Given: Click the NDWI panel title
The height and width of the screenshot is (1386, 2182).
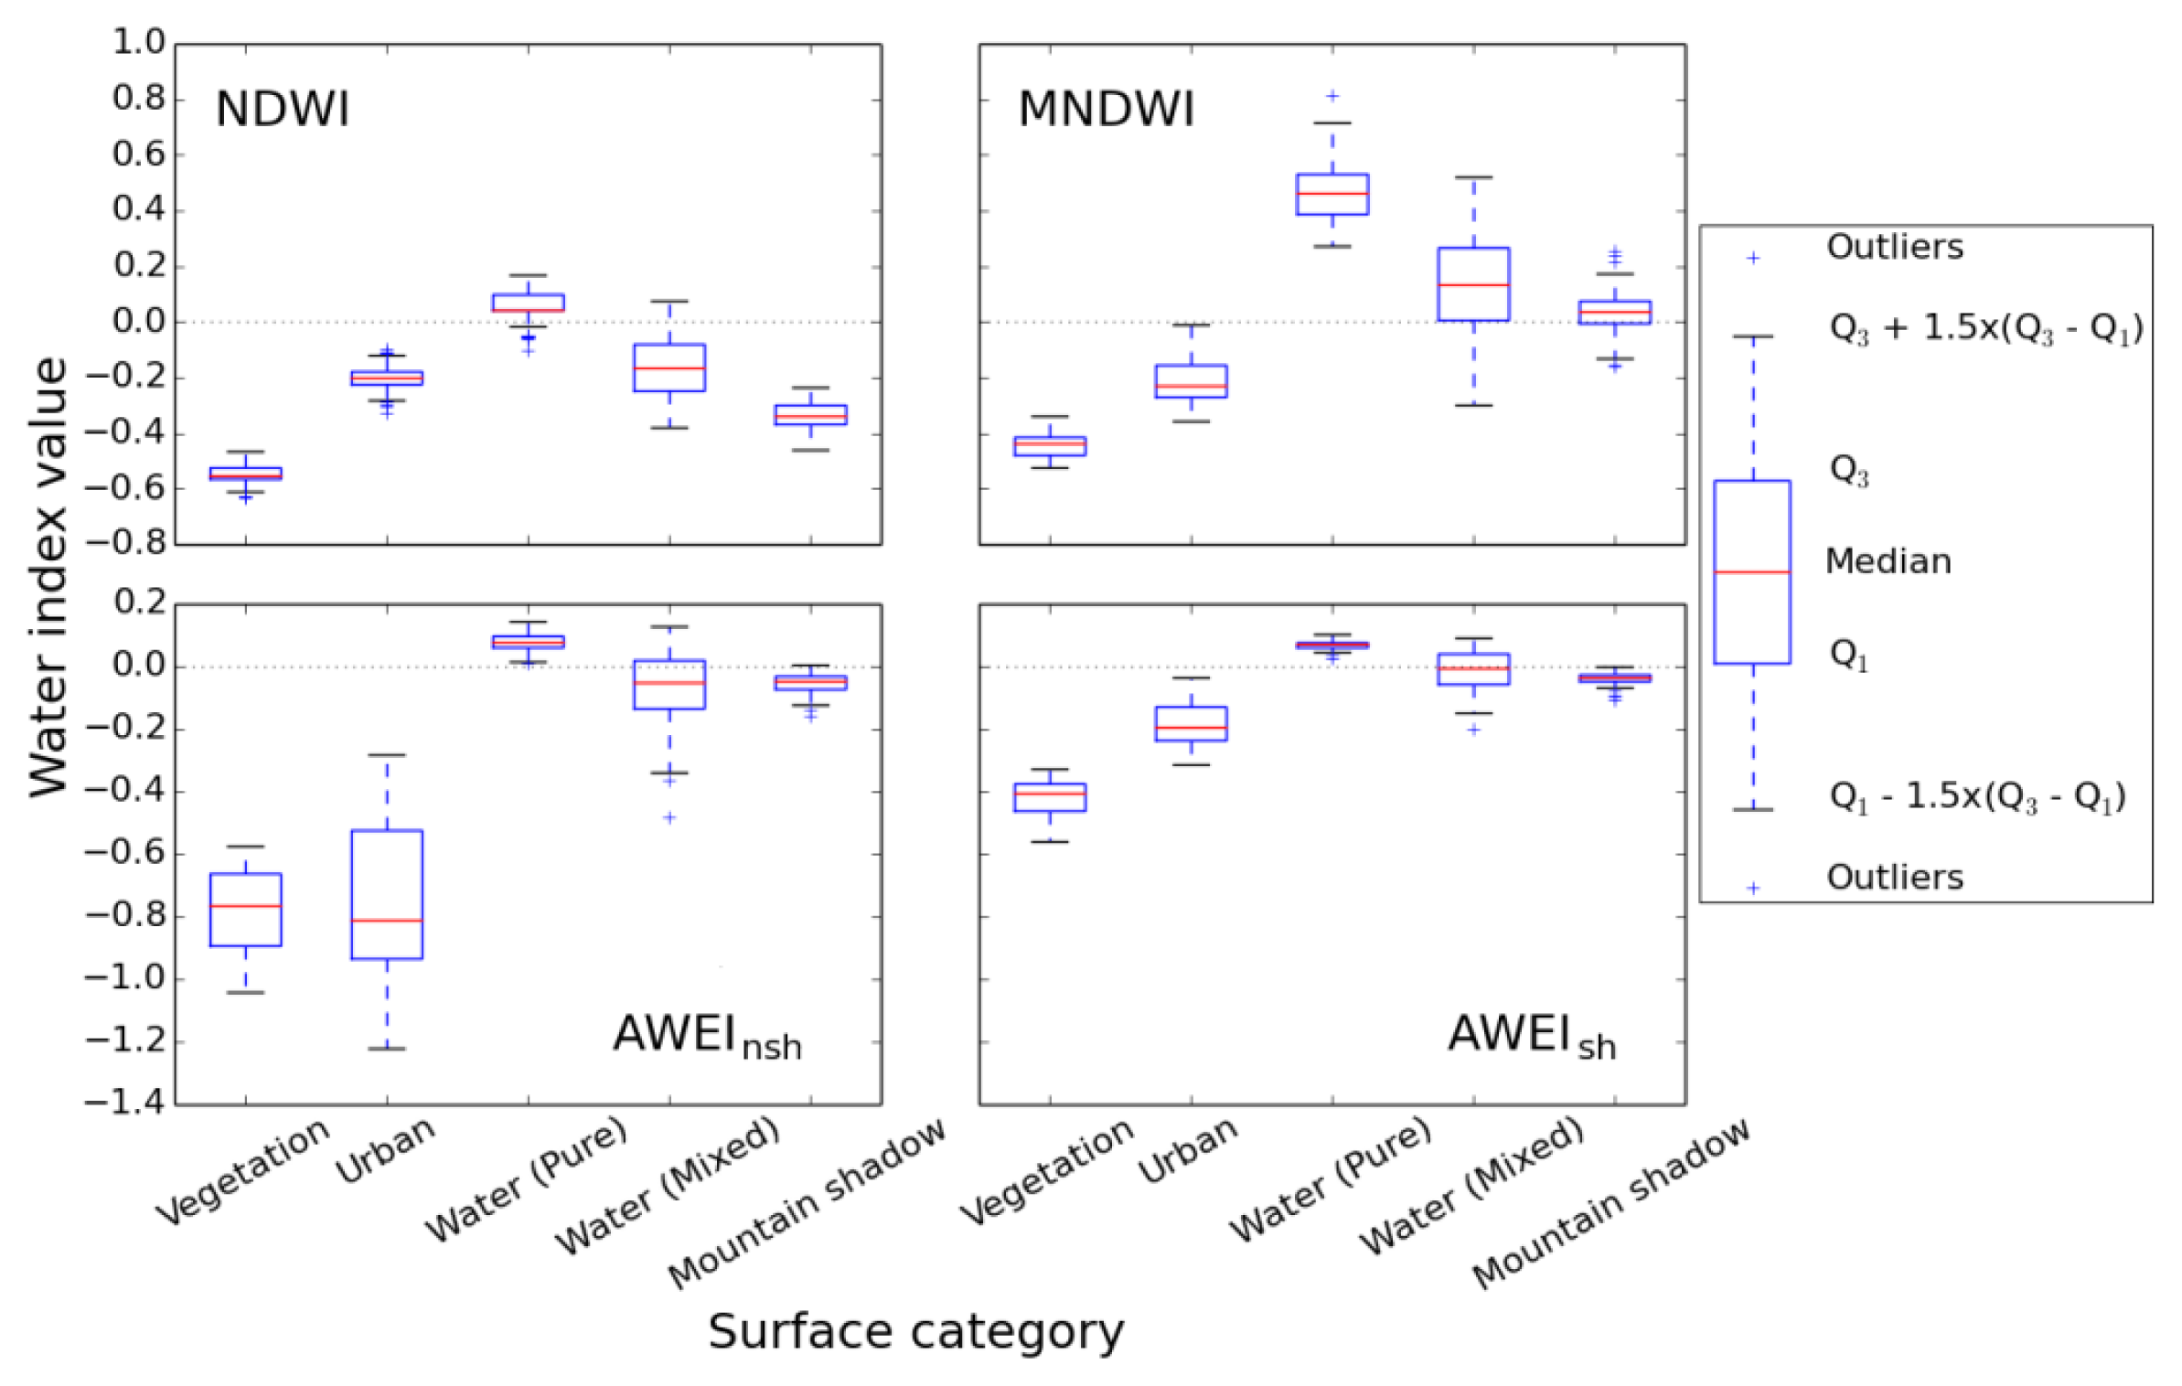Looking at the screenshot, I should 282,110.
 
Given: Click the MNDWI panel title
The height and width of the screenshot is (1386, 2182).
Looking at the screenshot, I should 1105,110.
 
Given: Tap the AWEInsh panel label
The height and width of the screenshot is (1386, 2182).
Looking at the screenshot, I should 706,1037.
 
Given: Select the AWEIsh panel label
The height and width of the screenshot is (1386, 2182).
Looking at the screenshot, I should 1530,1037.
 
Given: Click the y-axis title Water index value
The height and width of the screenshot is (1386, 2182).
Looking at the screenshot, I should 48,576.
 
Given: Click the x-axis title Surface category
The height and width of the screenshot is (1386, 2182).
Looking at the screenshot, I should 915,1331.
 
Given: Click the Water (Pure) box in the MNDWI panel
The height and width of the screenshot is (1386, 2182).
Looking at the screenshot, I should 1332,194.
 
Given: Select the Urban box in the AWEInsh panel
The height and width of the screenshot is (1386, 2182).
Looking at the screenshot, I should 387,893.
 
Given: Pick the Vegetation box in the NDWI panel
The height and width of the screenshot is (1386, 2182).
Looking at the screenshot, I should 245,473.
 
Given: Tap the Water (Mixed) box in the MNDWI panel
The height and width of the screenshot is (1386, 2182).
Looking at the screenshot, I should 1472,283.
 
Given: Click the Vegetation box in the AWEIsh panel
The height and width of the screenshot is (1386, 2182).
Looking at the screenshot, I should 1049,796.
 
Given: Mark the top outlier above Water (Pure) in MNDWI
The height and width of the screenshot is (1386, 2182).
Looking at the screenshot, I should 1332,95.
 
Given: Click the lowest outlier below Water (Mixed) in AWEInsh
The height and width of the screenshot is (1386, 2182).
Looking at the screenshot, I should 669,816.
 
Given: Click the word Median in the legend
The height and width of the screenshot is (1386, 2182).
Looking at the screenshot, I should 1888,560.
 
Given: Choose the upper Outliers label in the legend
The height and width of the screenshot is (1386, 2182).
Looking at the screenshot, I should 1894,247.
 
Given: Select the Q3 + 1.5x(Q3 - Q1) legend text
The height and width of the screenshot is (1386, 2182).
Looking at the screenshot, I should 1984,328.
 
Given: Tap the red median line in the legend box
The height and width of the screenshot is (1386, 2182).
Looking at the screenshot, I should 1751,571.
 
